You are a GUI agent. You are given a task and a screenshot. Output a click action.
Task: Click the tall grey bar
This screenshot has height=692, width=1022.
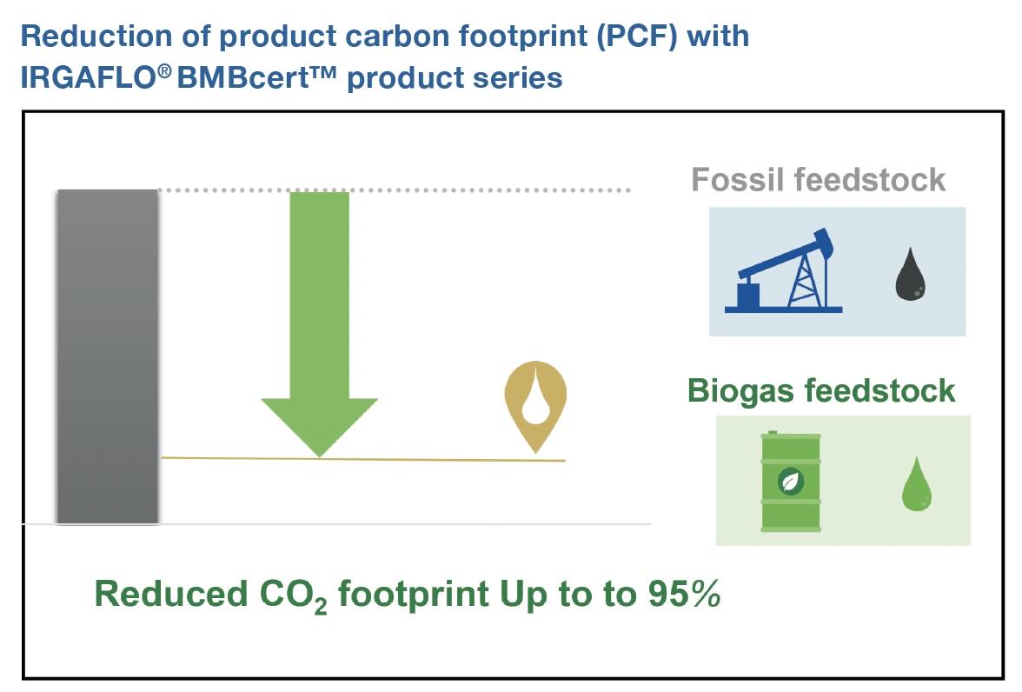tap(108, 356)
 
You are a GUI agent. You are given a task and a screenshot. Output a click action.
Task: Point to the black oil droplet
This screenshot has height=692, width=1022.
tap(910, 274)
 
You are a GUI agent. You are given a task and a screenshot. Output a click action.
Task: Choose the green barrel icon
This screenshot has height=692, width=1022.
tap(791, 482)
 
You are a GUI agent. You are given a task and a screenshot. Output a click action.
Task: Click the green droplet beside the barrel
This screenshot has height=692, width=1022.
tap(916, 483)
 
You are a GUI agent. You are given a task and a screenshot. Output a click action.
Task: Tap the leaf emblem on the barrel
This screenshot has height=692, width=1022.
tap(791, 482)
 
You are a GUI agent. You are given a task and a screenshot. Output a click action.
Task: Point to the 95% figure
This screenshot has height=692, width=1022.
tap(685, 593)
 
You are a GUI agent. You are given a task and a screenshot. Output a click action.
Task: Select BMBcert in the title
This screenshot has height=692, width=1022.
tap(257, 77)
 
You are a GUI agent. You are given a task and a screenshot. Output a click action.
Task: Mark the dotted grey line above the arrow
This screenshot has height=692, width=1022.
tap(395, 190)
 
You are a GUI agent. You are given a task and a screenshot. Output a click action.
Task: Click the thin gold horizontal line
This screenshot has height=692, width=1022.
tap(363, 459)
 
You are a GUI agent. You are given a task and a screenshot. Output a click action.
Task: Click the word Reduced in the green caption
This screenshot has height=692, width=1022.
tap(171, 594)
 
